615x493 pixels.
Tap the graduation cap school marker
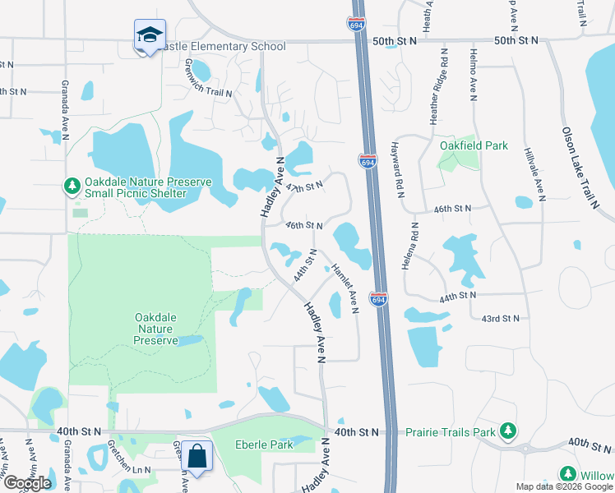150,35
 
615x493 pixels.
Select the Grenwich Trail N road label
209,78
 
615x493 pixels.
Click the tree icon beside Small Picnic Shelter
72,187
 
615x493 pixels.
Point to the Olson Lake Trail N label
580,168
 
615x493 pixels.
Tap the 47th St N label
303,188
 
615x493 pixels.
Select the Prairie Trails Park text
451,431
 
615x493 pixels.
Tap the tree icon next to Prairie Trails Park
508,430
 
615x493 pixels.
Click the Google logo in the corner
26,483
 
